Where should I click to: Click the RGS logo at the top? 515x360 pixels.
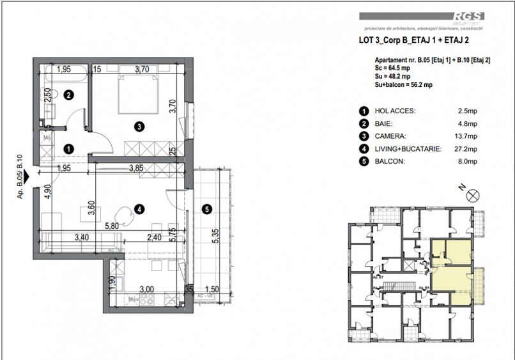click(469, 18)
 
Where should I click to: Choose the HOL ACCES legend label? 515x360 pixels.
click(395, 111)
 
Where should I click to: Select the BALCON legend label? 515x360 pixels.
click(390, 162)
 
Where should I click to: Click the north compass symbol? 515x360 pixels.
click(472, 195)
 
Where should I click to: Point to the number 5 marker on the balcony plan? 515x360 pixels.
click(204, 208)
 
